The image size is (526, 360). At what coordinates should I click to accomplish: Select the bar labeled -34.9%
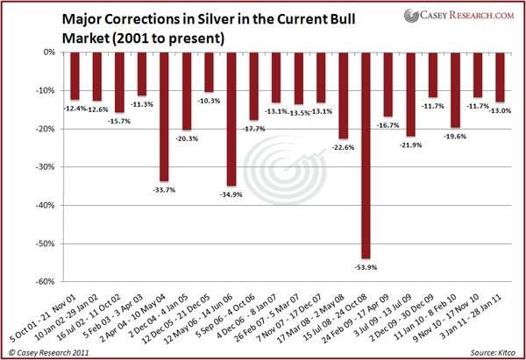tap(231, 118)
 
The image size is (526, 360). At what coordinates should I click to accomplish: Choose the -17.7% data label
tap(253, 129)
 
